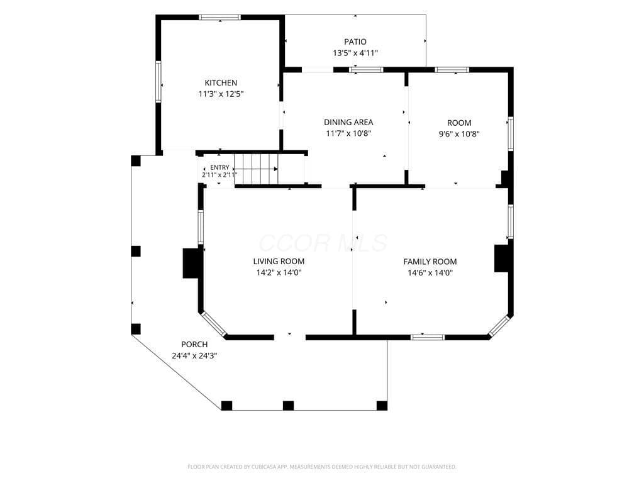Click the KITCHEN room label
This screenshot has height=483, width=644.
click(221, 83)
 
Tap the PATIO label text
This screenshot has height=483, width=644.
click(355, 42)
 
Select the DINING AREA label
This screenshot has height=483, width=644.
click(348, 123)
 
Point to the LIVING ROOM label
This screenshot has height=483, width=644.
click(279, 261)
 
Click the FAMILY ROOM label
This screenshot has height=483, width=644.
click(430, 262)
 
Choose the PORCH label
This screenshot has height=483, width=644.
click(194, 345)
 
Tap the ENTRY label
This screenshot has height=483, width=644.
click(219, 167)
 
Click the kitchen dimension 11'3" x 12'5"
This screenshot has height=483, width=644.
click(221, 94)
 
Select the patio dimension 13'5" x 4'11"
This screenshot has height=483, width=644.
click(355, 53)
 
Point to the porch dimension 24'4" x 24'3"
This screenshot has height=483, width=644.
click(194, 356)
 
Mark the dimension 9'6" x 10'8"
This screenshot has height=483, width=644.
click(459, 134)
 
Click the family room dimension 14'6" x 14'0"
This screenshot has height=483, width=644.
click(430, 273)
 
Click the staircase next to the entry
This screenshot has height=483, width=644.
click(257, 169)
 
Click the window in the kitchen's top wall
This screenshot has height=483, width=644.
click(219, 18)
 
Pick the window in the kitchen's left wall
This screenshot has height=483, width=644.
click(158, 81)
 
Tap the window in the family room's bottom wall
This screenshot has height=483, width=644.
click(428, 338)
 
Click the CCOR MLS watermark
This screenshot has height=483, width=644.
click(323, 243)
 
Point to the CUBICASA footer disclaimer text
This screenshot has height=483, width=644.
click(322, 467)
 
